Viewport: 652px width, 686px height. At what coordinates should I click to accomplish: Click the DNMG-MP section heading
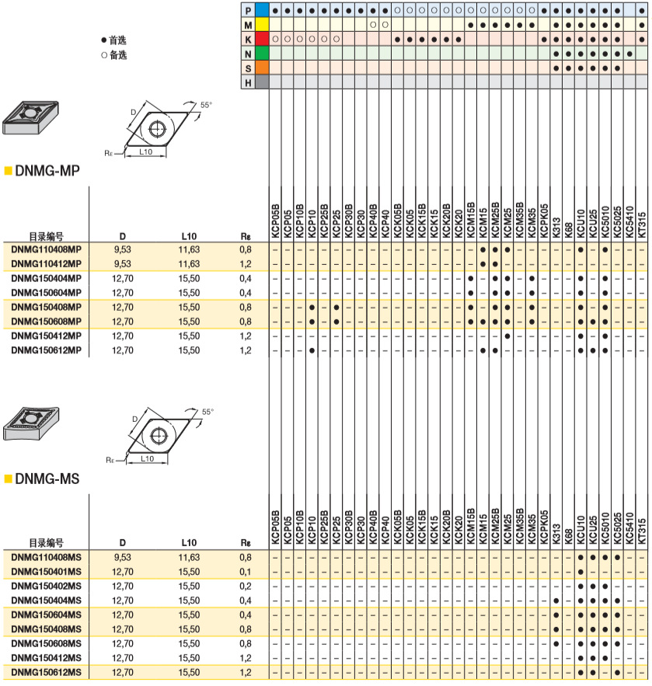tap(47, 170)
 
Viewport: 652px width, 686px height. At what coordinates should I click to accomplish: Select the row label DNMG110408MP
tap(47, 249)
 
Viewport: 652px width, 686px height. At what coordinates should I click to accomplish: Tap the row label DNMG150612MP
tap(47, 350)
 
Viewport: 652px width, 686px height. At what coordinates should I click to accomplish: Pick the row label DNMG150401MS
tap(47, 571)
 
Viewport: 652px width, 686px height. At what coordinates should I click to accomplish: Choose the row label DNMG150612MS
tap(47, 672)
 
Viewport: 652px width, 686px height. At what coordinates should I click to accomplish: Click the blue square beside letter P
tap(263, 11)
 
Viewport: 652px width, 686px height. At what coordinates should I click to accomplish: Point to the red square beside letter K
tap(263, 39)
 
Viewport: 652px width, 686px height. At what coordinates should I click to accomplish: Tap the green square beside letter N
tap(263, 53)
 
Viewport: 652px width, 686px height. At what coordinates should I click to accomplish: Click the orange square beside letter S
tap(263, 67)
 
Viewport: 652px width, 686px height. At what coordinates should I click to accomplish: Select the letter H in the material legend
tap(248, 82)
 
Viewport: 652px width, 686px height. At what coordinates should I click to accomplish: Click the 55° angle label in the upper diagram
tap(206, 104)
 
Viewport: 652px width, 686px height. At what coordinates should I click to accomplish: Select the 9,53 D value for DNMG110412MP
tap(122, 264)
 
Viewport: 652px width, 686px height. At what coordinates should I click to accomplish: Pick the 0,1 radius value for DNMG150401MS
tap(246, 571)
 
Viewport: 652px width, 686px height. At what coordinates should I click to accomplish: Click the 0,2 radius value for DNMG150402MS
tap(246, 586)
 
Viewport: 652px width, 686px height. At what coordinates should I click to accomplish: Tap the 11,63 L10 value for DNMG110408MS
tap(189, 557)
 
